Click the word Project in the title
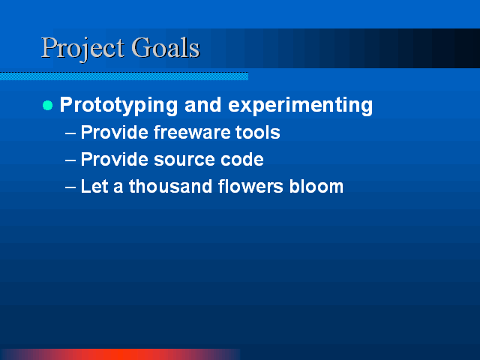coord(82,49)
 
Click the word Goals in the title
coord(166,47)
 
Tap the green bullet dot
coord(48,106)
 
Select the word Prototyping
coord(118,106)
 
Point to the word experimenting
coord(300,106)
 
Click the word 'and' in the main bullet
coord(202,105)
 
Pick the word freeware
coord(191,132)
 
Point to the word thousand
coord(170,186)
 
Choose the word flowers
coord(250,186)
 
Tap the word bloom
coord(316,186)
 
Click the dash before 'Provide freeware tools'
coord(70,133)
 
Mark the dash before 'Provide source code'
coord(70,160)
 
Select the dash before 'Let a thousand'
coord(70,187)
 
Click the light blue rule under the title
coord(124,76)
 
